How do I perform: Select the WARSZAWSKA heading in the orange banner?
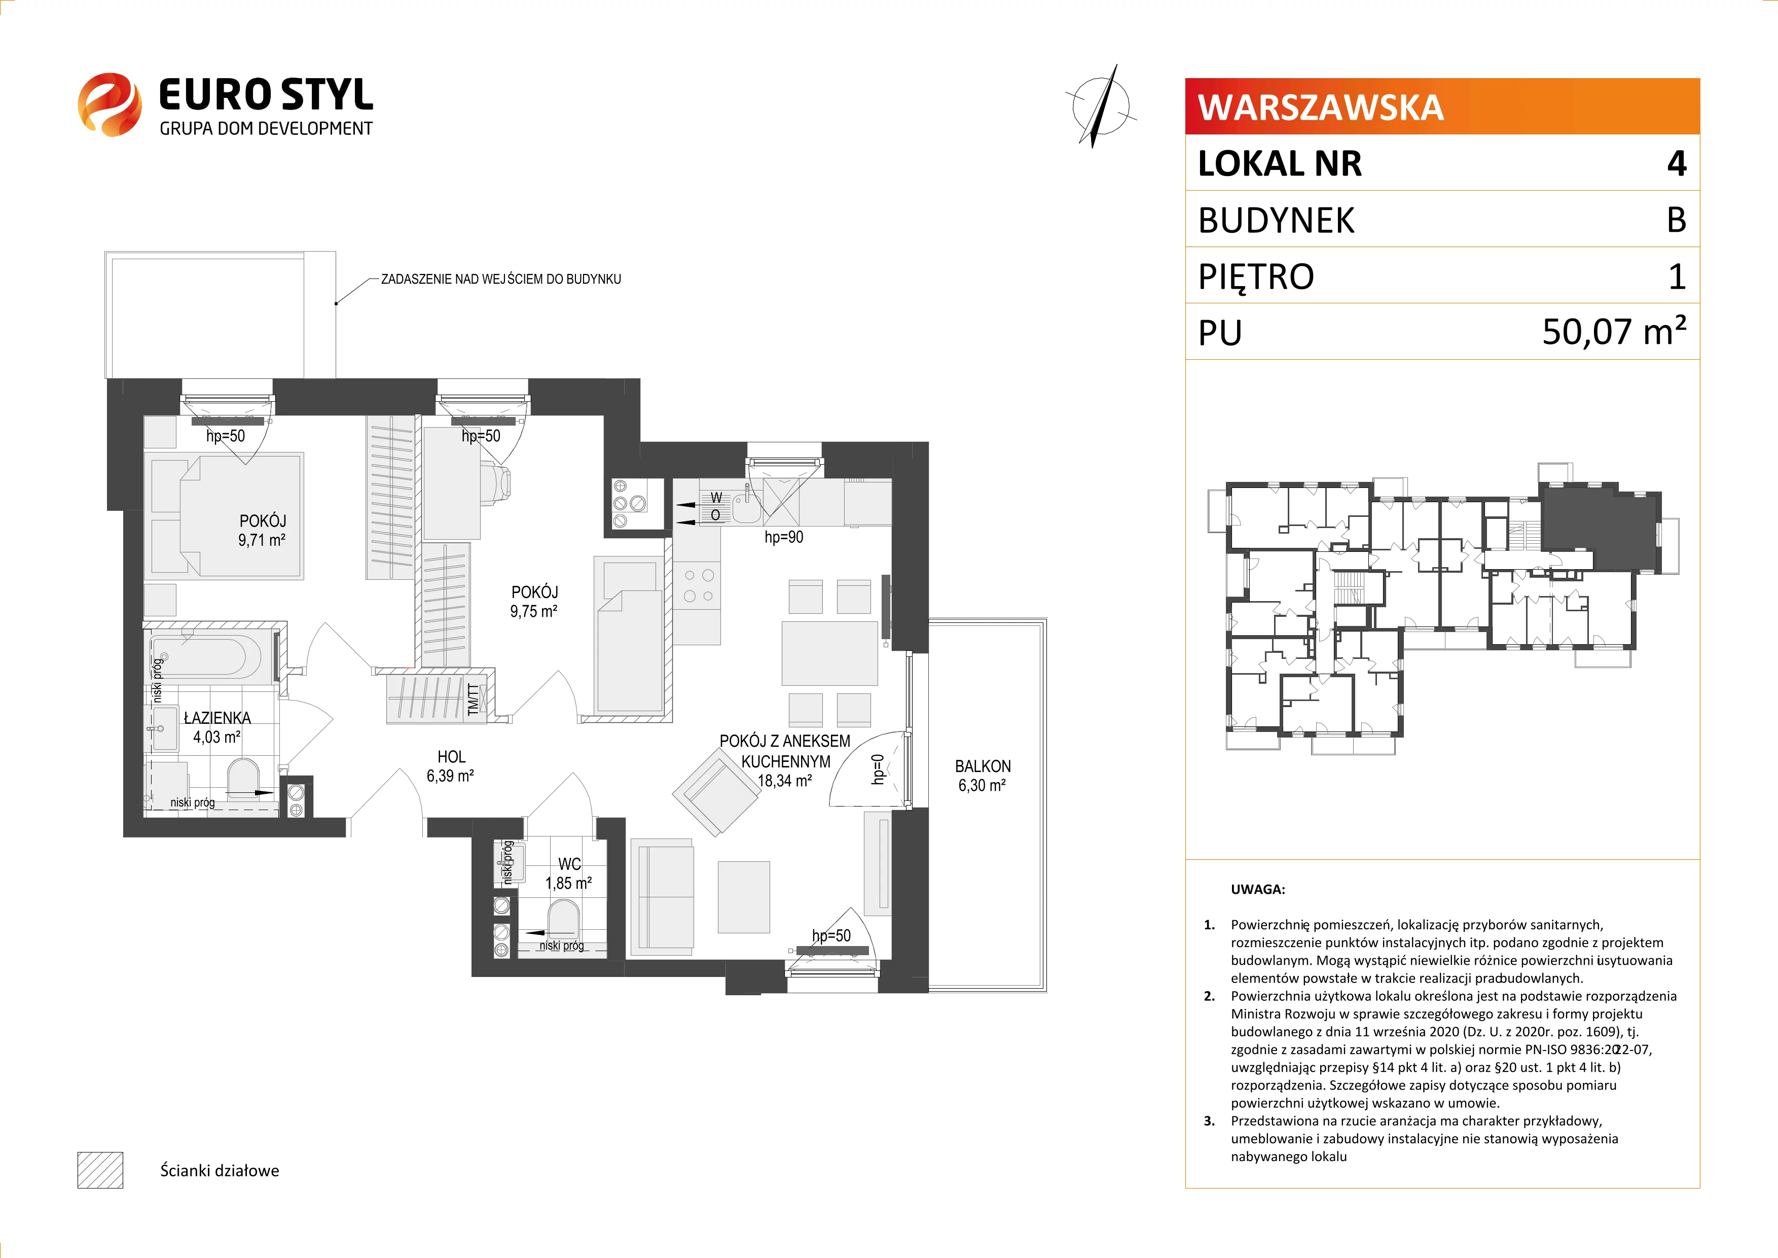pyautogui.click(x=1320, y=108)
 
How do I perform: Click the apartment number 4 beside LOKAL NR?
pyautogui.click(x=1677, y=163)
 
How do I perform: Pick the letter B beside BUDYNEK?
pyautogui.click(x=1677, y=220)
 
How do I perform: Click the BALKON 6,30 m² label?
pyautogui.click(x=982, y=776)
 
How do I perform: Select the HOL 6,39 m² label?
pyautogui.click(x=451, y=766)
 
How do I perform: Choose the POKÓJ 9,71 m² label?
pyautogui.click(x=262, y=530)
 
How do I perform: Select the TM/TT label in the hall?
pyautogui.click(x=473, y=698)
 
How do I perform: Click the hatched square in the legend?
pyautogui.click(x=100, y=1170)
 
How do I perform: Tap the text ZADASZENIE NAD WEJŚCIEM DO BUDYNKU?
pyautogui.click(x=500, y=279)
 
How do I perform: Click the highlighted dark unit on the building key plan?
pyautogui.click(x=1595, y=527)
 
